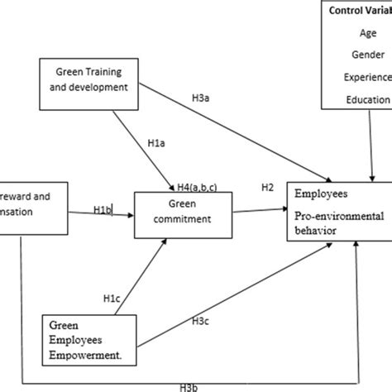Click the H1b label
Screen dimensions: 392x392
click(103, 209)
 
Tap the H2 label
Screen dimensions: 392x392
click(268, 188)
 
